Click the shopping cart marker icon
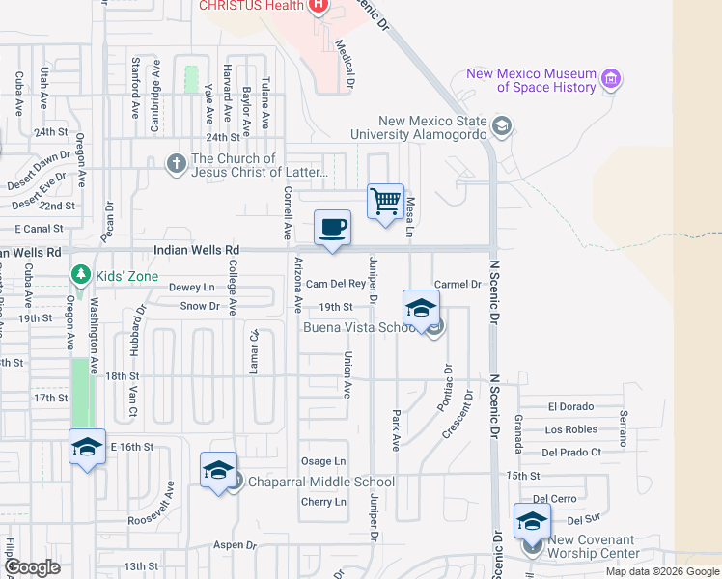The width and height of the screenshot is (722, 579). point(385,203)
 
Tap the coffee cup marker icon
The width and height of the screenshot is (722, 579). point(332,228)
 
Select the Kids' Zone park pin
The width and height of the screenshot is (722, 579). point(82,276)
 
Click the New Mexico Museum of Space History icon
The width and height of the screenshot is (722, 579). point(609,78)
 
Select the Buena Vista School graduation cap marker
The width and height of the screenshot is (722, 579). point(421,309)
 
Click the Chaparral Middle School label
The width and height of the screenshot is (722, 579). point(321,482)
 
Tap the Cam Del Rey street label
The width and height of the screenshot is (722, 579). point(336,284)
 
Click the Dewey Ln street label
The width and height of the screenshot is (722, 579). point(192,287)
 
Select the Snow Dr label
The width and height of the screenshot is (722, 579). point(200,306)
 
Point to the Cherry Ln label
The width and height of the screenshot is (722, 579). point(323,502)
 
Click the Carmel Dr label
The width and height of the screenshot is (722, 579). point(458,284)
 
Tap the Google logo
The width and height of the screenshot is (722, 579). point(32,567)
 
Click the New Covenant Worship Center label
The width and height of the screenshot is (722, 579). point(594,546)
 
